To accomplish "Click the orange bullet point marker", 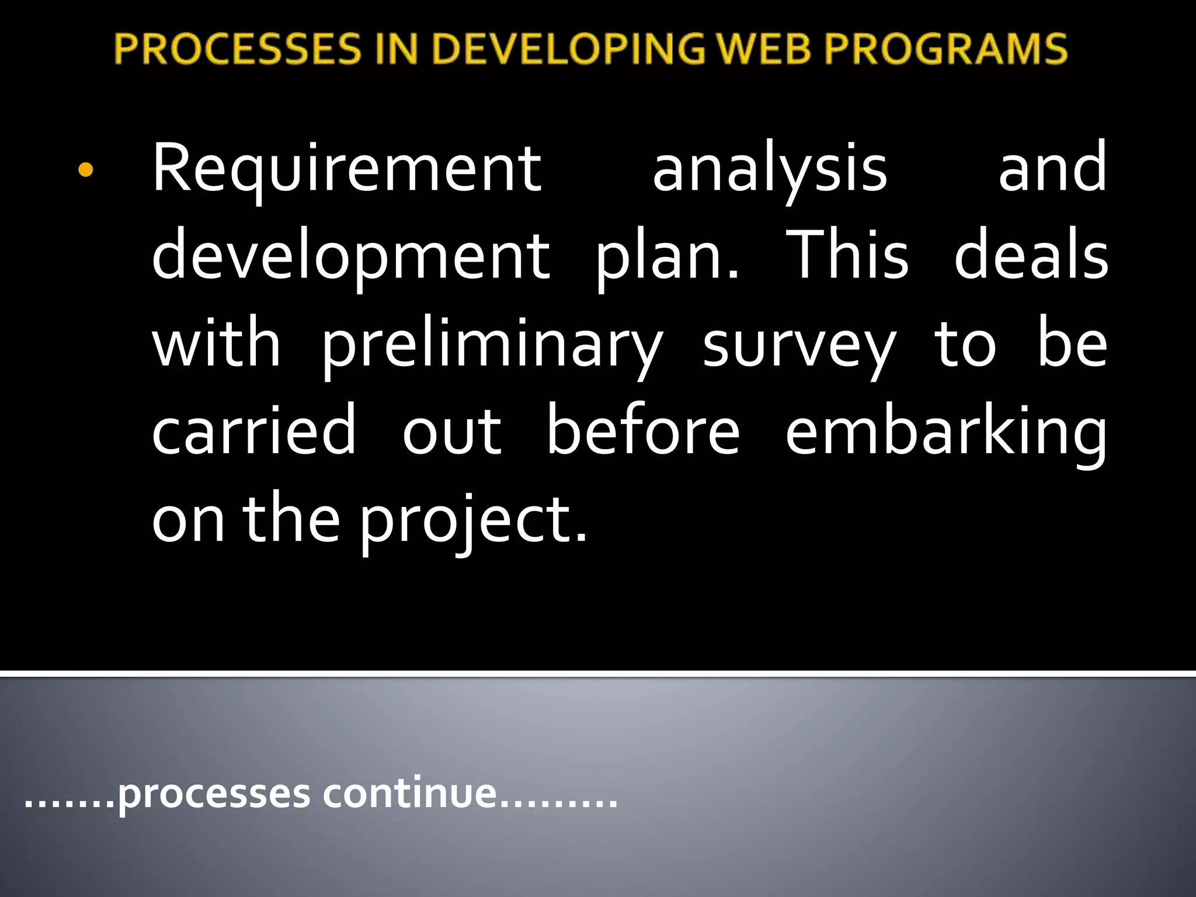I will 85,170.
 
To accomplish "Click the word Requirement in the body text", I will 347,170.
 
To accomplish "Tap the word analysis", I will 770,170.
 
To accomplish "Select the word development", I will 350,258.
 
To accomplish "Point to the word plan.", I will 666,258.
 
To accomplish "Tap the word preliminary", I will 492,345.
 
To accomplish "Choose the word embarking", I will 945,433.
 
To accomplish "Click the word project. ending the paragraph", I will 473,520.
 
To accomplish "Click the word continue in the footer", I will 409,794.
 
